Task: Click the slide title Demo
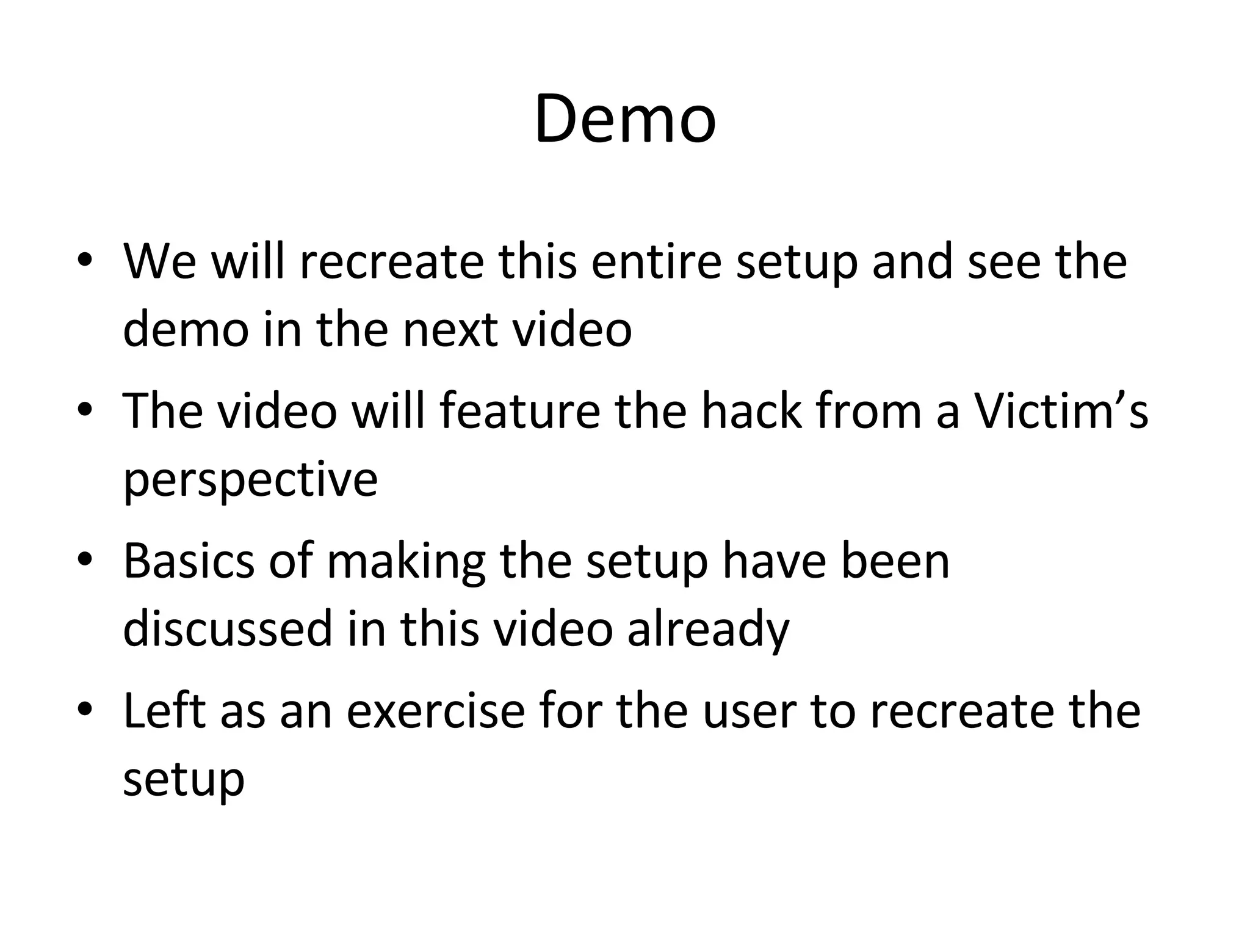click(x=625, y=118)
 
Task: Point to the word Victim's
click(x=1060, y=412)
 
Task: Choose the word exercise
click(x=436, y=712)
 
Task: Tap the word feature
click(x=519, y=412)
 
